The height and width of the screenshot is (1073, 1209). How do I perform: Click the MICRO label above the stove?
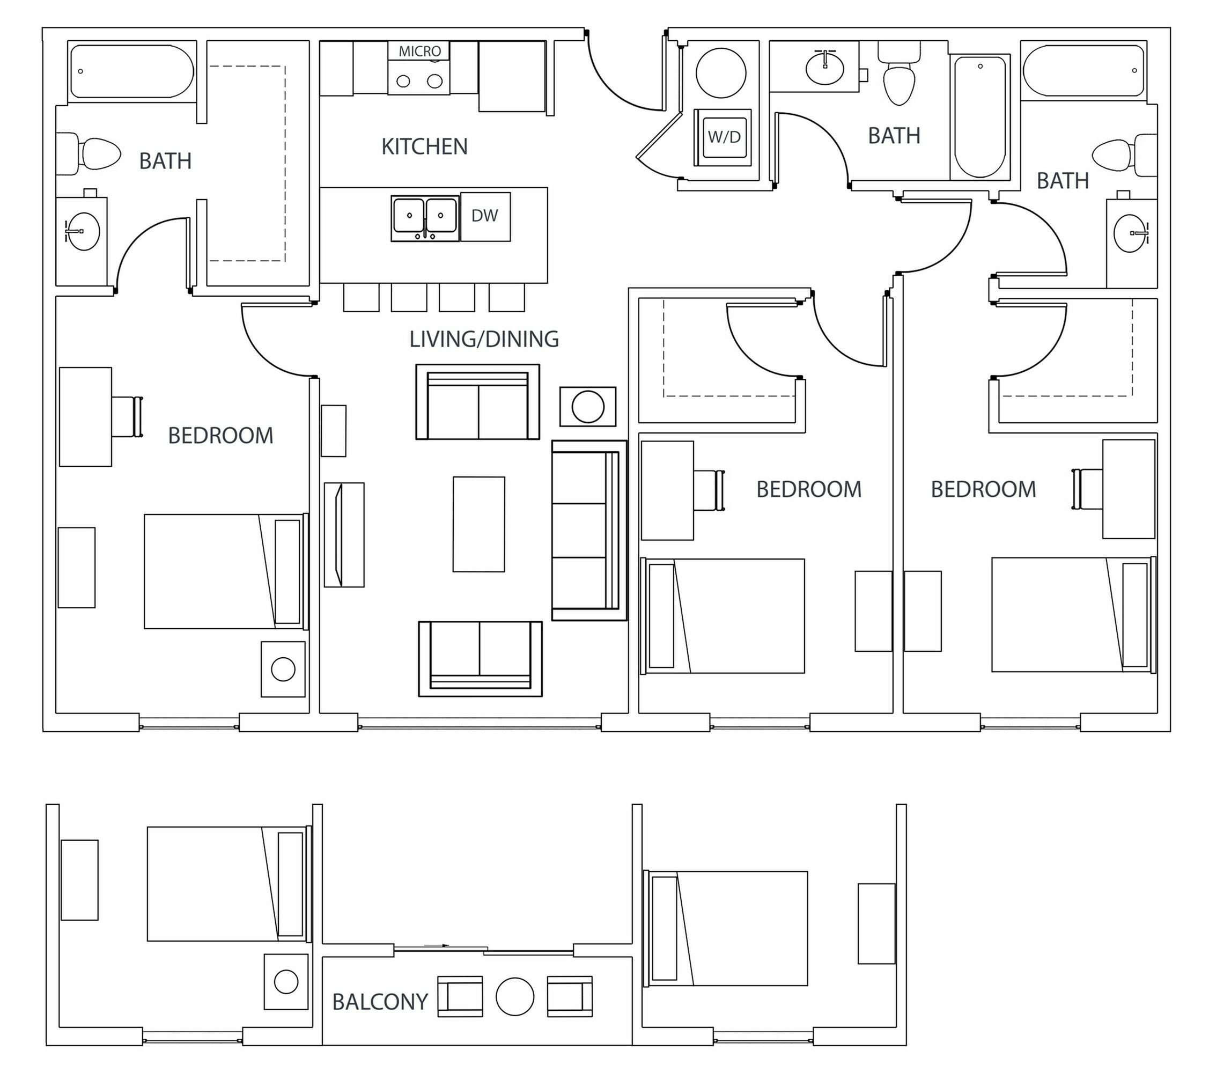pyautogui.click(x=419, y=52)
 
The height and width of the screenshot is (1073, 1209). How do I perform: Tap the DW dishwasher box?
pyautogui.click(x=485, y=217)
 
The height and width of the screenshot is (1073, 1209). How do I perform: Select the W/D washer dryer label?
pyautogui.click(x=724, y=137)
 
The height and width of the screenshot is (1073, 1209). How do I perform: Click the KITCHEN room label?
pyautogui.click(x=424, y=146)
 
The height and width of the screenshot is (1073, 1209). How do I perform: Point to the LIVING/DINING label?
pyautogui.click(x=484, y=339)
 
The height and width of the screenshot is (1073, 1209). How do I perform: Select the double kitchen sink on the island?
pyautogui.click(x=425, y=218)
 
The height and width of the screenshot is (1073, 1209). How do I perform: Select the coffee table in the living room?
pyautogui.click(x=478, y=524)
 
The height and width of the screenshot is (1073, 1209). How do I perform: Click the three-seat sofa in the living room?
pyautogui.click(x=588, y=530)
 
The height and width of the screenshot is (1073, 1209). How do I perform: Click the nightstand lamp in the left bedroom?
pyautogui.click(x=283, y=669)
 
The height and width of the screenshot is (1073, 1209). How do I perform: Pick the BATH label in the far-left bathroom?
pyautogui.click(x=165, y=161)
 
